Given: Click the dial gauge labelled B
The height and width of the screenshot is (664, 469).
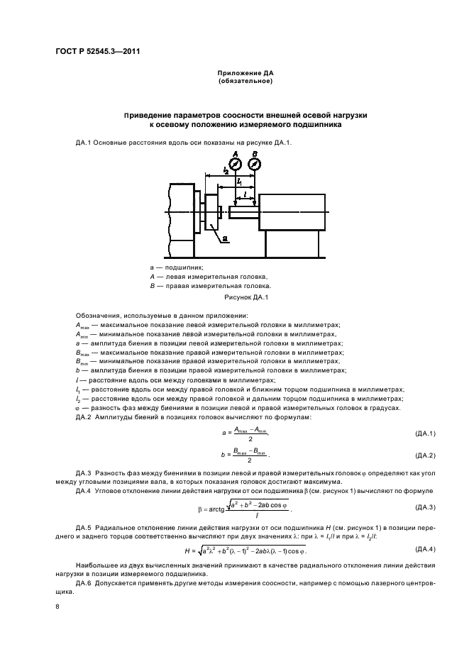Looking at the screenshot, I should [x=255, y=164].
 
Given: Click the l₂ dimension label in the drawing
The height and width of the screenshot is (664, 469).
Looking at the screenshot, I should [x=225, y=170].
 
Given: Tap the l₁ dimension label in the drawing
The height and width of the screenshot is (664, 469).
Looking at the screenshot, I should [x=240, y=182].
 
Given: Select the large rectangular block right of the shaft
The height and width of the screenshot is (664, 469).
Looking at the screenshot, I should [x=292, y=212].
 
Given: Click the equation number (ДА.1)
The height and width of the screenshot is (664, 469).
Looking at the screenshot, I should [x=424, y=433].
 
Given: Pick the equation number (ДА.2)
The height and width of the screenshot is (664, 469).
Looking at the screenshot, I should [x=424, y=455].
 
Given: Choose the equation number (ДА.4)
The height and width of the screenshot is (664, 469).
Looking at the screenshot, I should [x=424, y=549].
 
